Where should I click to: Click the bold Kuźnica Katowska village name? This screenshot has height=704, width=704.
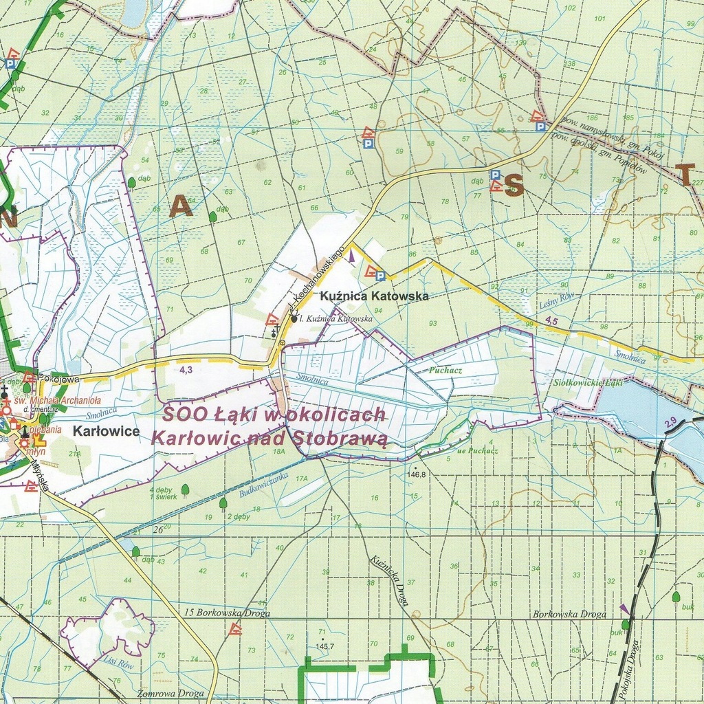click(374, 296)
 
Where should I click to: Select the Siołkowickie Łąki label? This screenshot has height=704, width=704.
click(588, 383)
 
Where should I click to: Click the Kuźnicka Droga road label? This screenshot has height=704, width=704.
click(389, 580)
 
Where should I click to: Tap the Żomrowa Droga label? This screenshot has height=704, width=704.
click(170, 694)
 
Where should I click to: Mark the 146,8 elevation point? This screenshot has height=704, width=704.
click(417, 474)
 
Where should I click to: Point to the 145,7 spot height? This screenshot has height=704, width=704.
click(324, 646)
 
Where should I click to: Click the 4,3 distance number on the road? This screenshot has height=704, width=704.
click(186, 369)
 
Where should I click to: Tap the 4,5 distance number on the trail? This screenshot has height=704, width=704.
click(551, 320)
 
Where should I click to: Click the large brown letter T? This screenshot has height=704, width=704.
click(685, 175)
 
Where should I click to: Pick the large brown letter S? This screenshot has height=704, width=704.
click(514, 185)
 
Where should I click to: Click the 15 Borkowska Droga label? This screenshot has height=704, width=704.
click(227, 613)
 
